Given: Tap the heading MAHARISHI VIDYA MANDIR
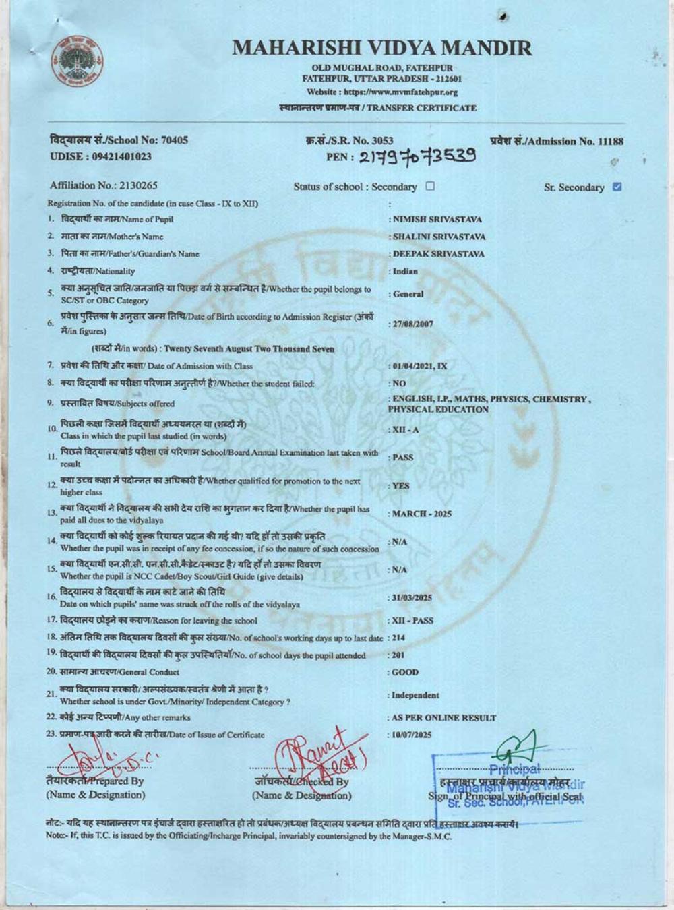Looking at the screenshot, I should [x=381, y=48].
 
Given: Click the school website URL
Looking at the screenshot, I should [x=382, y=92].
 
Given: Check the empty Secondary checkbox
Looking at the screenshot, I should [x=430, y=186].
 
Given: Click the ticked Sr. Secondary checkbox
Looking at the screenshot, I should [x=617, y=187].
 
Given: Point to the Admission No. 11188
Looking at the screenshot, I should [x=557, y=141].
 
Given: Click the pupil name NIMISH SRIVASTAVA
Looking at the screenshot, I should [x=437, y=219].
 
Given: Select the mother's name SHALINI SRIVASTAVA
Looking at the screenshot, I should [x=438, y=237].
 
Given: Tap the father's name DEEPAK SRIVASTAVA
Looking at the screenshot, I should [x=438, y=254].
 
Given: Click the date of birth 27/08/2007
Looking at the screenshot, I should [x=412, y=324].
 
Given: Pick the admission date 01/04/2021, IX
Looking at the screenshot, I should [x=419, y=366].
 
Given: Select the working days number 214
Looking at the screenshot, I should [x=399, y=638].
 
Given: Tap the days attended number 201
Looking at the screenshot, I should [x=399, y=655].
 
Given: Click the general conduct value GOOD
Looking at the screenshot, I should [x=405, y=672].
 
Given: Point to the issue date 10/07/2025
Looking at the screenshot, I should [x=412, y=735].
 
